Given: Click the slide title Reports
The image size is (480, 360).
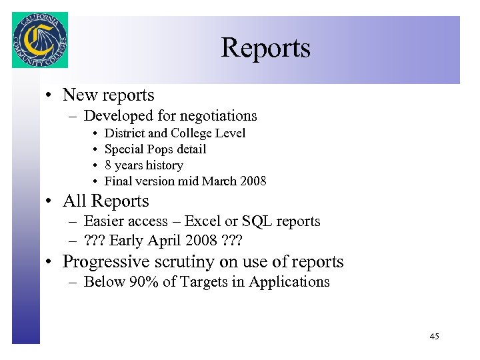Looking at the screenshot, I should tap(265, 48).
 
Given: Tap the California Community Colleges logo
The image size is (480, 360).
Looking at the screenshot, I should tap(40, 40).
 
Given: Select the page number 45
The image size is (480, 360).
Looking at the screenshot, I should tap(434, 337).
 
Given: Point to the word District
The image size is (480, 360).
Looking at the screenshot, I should tap(127, 133).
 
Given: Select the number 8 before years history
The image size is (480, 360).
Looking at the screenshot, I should tap(109, 165).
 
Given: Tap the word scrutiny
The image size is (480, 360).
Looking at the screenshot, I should tap(186, 262).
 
